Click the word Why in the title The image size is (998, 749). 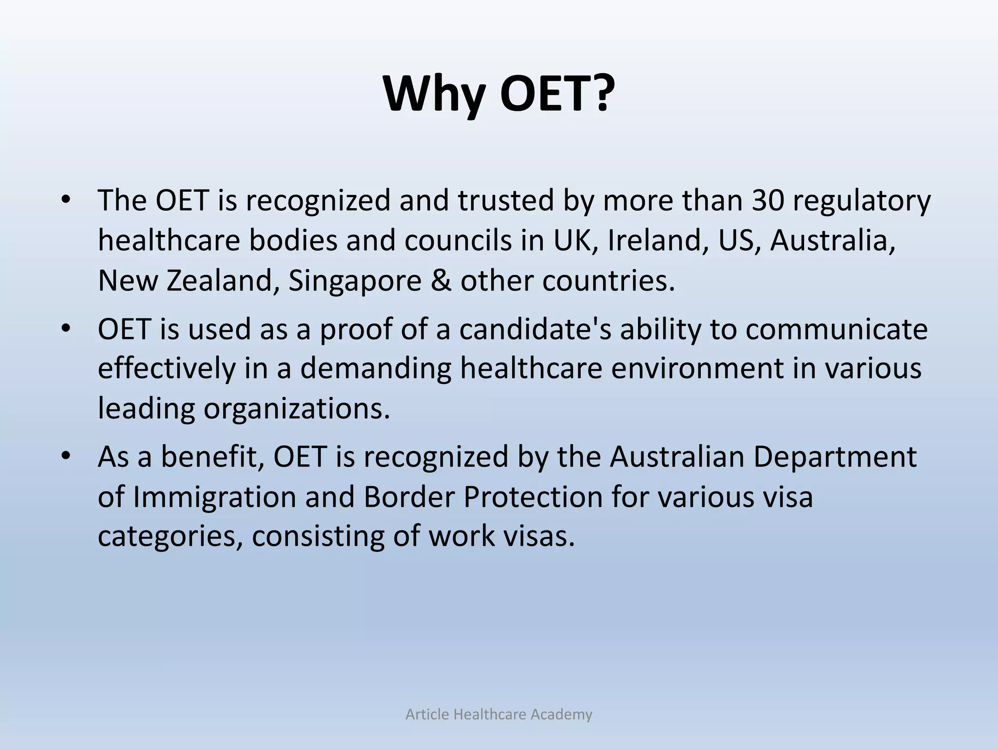(x=435, y=94)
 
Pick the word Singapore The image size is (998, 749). (x=355, y=282)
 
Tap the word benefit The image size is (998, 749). (x=213, y=456)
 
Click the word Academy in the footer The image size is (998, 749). (x=561, y=714)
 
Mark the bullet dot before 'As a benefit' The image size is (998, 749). (x=66, y=457)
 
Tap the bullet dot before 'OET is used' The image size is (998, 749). (x=66, y=329)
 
